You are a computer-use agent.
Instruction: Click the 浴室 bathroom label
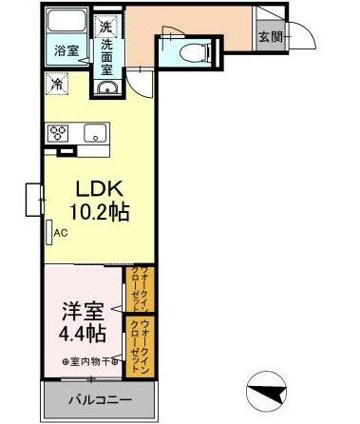[66, 49]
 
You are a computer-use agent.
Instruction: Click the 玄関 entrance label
[269, 37]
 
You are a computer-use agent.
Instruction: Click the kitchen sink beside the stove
[95, 133]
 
